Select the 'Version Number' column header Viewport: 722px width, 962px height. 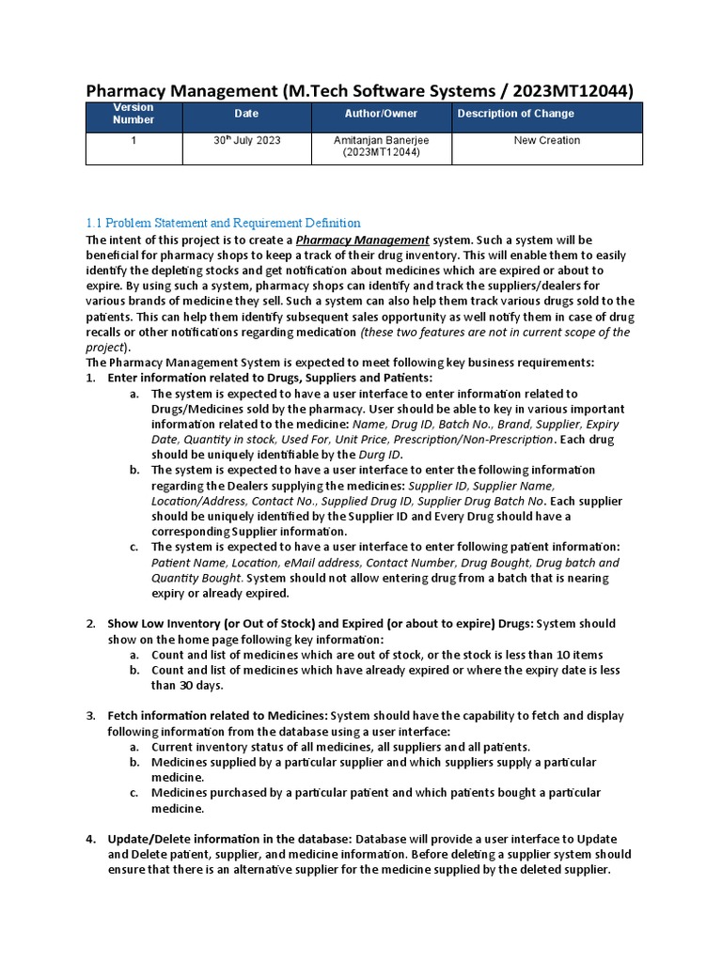point(133,114)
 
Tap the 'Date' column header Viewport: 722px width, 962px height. point(246,114)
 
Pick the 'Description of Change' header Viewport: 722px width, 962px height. point(515,114)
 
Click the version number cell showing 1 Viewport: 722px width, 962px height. point(133,141)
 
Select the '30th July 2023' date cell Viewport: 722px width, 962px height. point(246,141)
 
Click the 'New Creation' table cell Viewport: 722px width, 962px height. point(547,141)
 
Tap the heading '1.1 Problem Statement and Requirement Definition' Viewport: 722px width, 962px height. point(223,224)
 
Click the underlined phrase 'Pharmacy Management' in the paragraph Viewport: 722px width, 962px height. point(363,240)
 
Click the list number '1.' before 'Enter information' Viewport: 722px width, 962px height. point(91,379)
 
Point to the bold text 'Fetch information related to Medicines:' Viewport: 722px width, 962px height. point(217,716)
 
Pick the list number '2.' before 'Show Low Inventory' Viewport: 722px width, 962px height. point(91,624)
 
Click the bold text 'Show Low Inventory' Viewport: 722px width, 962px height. point(163,624)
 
